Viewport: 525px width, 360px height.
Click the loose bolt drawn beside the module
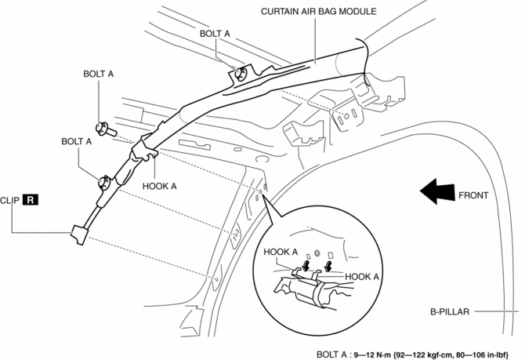point(103,129)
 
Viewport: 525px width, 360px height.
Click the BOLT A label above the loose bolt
point(98,74)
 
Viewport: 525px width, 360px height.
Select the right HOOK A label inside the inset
point(362,276)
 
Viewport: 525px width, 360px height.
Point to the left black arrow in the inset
point(302,266)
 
